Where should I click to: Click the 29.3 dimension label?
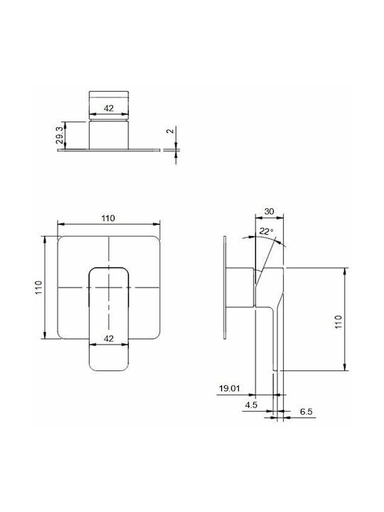(60, 135)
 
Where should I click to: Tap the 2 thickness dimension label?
(169, 131)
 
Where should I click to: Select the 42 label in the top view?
(109, 108)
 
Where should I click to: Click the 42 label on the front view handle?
(109, 338)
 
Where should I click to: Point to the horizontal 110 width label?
(108, 218)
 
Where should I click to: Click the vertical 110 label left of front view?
(39, 287)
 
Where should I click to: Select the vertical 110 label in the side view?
(338, 321)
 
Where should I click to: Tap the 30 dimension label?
(269, 211)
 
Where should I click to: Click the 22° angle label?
(266, 232)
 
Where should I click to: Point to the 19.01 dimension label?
(230, 388)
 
